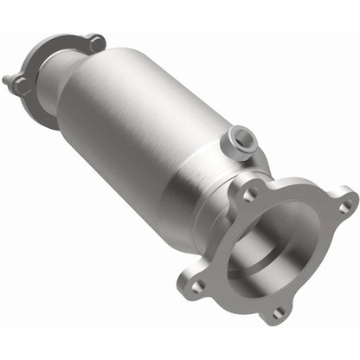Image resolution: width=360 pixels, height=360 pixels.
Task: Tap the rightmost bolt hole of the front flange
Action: click(x=344, y=207)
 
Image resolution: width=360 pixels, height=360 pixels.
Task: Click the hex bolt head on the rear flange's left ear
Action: click(x=22, y=84)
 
